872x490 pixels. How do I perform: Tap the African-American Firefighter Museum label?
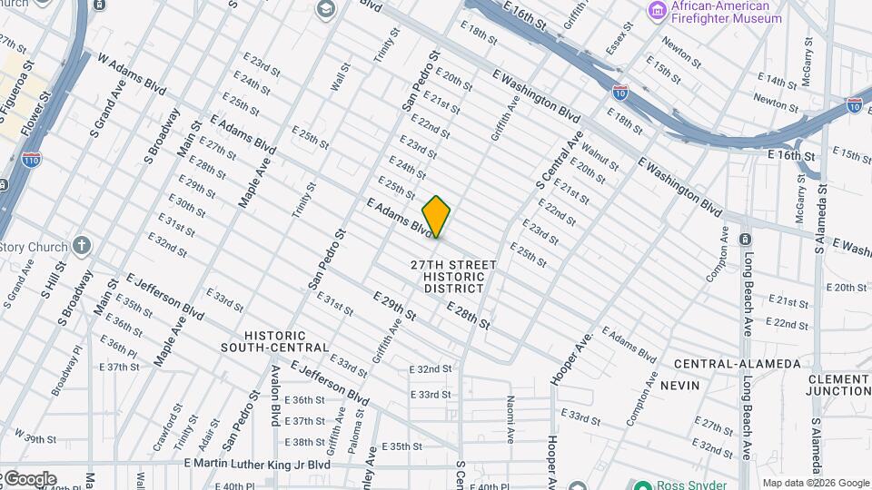coord(726,12)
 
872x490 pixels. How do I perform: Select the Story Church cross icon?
coord(82,246)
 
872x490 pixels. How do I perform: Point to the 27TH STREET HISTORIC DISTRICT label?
coord(453,277)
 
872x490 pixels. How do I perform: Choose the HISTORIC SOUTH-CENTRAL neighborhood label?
coord(273,341)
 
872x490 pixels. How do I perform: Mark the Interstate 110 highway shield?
coord(31,159)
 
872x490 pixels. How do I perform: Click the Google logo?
coord(29,478)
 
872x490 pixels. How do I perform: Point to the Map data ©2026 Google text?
coord(815,483)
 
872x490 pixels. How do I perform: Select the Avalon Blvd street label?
coord(275,395)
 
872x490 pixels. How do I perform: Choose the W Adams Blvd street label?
coord(132,74)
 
